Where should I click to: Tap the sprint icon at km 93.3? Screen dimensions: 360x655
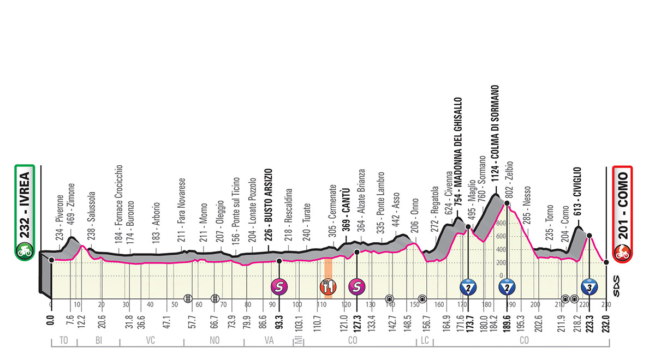(x=279, y=285)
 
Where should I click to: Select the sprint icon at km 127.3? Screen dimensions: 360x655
(x=357, y=285)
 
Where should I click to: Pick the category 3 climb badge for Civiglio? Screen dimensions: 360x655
(x=589, y=286)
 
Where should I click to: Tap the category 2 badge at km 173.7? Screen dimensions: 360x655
(x=468, y=286)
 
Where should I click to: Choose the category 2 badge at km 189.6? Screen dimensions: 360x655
(x=507, y=286)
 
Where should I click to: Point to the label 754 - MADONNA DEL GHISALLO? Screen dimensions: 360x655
(x=458, y=158)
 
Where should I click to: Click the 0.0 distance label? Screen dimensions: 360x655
(x=50, y=322)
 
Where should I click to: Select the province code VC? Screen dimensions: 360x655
(x=151, y=340)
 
